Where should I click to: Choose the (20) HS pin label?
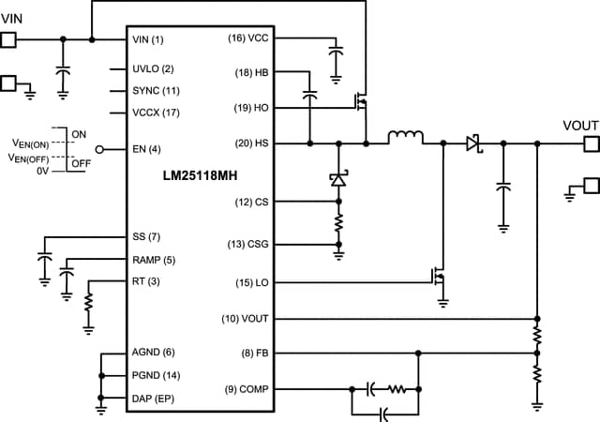tap(250, 143)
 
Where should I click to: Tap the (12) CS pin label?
tap(250, 201)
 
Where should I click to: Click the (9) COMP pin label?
tap(245, 388)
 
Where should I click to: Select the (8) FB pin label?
tap(253, 354)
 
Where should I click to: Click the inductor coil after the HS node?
tap(405, 141)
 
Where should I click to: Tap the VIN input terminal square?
tap(8, 39)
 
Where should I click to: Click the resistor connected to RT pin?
tap(87, 304)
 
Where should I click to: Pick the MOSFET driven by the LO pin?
tap(437, 278)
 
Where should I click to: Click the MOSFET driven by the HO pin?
tap(360, 100)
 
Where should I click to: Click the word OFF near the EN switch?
tap(80, 164)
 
